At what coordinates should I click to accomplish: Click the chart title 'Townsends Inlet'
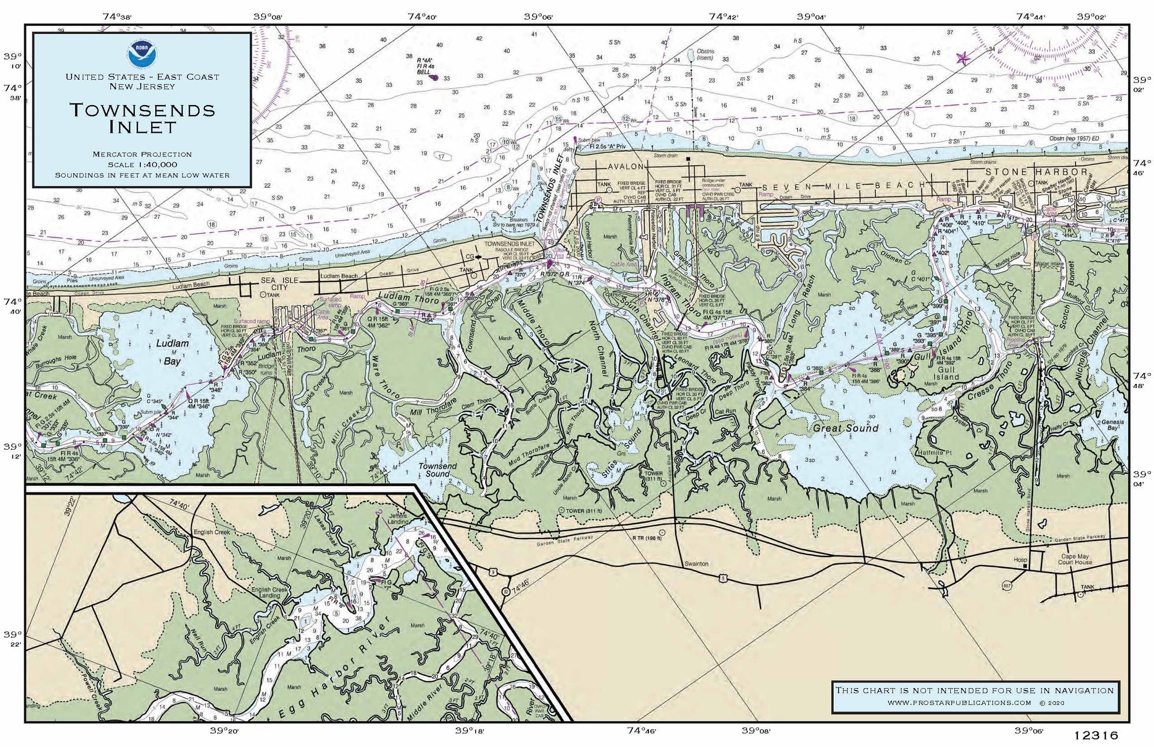pyautogui.click(x=142, y=118)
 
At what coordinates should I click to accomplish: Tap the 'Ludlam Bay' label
pyautogui.click(x=172, y=352)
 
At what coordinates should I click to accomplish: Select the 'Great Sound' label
pyautogui.click(x=845, y=428)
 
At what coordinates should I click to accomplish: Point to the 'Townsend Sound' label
pyautogui.click(x=437, y=469)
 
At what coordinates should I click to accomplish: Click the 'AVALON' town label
pyautogui.click(x=625, y=167)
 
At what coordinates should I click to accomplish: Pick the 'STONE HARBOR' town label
pyautogui.click(x=1036, y=172)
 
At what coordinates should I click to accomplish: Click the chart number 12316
pyautogui.click(x=1096, y=735)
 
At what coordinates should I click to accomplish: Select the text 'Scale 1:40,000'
pyautogui.click(x=142, y=165)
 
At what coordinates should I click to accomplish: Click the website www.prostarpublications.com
pyautogui.click(x=959, y=703)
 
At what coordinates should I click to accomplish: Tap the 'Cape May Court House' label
pyautogui.click(x=1074, y=559)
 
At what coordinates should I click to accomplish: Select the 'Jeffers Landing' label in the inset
pyautogui.click(x=398, y=518)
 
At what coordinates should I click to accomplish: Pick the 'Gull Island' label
pyautogui.click(x=946, y=373)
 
